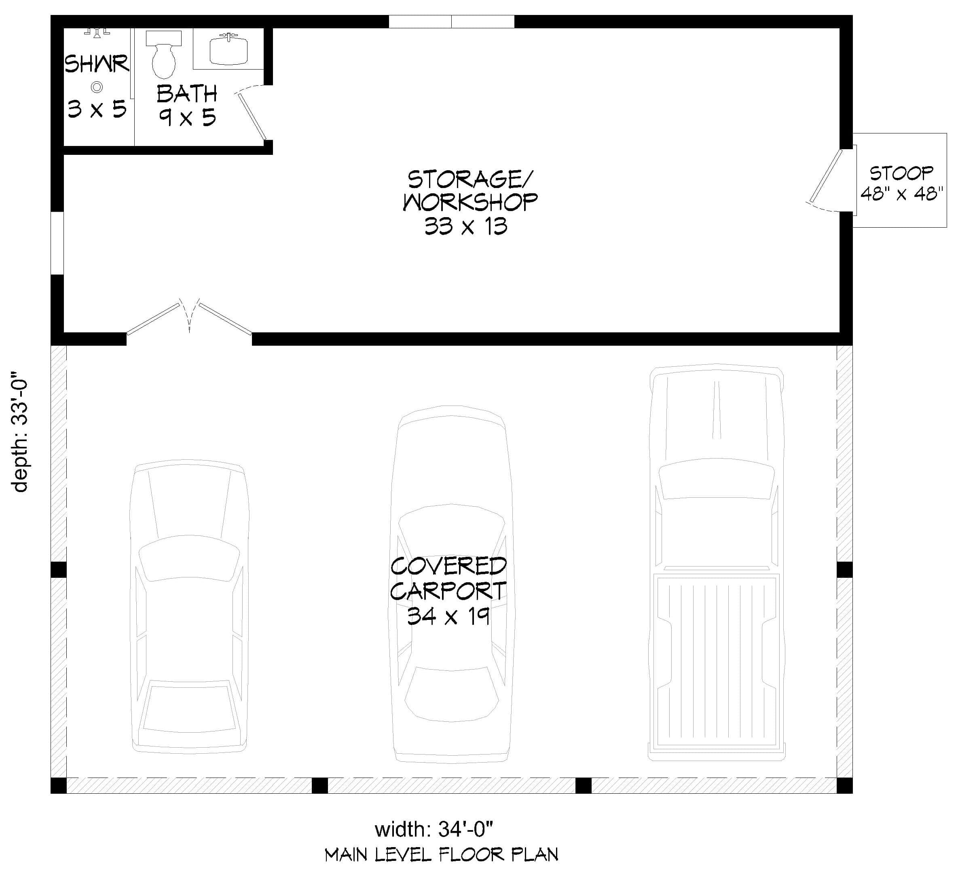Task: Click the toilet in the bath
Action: pyautogui.click(x=163, y=59)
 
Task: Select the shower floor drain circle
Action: pyautogui.click(x=97, y=87)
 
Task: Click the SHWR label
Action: pyautogui.click(x=97, y=64)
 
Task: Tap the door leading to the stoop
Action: pyautogui.click(x=826, y=177)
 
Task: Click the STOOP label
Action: pyautogui.click(x=901, y=173)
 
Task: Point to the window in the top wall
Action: pyautogui.click(x=451, y=21)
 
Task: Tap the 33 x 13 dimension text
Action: pyautogui.click(x=466, y=226)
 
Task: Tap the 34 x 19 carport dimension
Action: pyautogui.click(x=448, y=617)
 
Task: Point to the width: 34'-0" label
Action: pyautogui.click(x=434, y=829)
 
